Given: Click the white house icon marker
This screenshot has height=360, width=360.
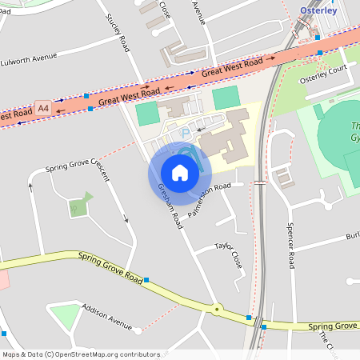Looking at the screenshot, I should click(x=180, y=173).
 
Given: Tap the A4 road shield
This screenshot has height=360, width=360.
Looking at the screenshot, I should click(x=42, y=106).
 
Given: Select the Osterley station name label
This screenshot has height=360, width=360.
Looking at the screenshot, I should click(x=318, y=10).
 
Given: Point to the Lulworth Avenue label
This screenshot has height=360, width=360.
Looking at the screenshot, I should click(x=30, y=59).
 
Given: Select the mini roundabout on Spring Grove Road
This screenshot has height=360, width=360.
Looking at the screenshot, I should click(x=216, y=307).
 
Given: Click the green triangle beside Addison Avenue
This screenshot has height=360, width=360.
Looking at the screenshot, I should click(x=66, y=315).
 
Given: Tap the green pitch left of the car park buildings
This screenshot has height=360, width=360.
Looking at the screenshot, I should click(x=148, y=114).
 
